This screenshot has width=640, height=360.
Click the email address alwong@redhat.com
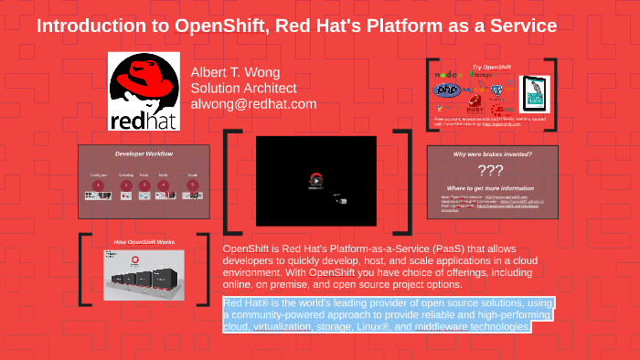pos(253,104)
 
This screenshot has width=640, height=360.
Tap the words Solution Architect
pos(243,89)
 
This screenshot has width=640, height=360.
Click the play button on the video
pos(315,180)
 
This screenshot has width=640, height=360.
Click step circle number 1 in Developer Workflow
pos(100,185)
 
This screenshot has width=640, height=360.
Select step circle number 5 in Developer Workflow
pos(193,185)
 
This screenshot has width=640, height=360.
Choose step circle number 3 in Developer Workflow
pos(145,185)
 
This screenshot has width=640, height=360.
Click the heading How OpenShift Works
pos(144,242)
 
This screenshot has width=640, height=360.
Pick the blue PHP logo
pos(446,90)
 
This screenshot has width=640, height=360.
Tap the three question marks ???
pos(491,170)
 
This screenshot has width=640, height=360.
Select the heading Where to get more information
pos(493,187)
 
